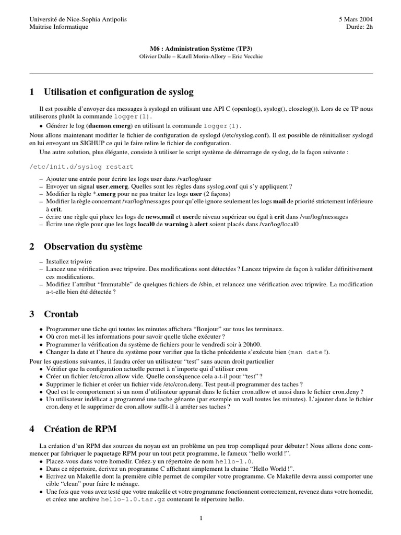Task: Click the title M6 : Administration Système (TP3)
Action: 200,49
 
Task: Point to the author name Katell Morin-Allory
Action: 201,56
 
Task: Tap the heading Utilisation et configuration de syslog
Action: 119,92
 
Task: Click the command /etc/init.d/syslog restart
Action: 81,167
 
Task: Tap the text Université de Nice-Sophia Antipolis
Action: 78,19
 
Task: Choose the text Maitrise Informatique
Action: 59,27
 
